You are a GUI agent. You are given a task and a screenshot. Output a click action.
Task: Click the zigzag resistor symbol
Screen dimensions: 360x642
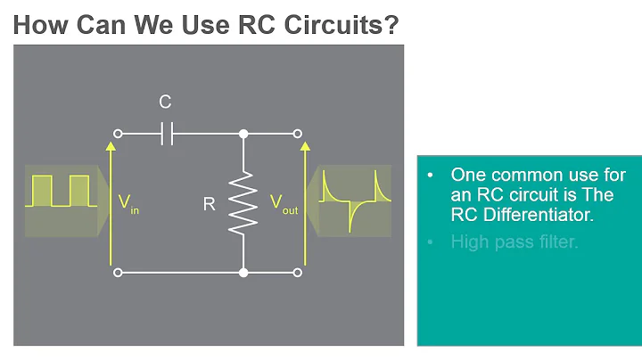pyautogui.click(x=243, y=203)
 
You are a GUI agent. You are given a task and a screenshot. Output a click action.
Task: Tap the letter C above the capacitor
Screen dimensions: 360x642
pyautogui.click(x=165, y=102)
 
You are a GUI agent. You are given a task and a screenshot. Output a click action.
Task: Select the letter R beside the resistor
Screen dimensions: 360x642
pyautogui.click(x=210, y=204)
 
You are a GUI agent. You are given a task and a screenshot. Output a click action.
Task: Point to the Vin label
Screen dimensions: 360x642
pyautogui.click(x=128, y=204)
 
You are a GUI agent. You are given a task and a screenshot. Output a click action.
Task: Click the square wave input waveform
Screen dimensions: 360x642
pyautogui.click(x=61, y=191)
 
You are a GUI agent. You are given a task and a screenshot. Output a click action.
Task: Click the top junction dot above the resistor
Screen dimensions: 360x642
pyautogui.click(x=243, y=135)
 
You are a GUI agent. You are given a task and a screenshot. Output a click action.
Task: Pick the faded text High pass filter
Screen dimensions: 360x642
pyautogui.click(x=514, y=241)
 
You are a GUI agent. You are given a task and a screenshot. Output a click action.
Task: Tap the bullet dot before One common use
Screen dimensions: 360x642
pyautogui.click(x=432, y=176)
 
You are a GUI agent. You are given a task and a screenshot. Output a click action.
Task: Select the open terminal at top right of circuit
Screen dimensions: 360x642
pyautogui.click(x=297, y=135)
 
